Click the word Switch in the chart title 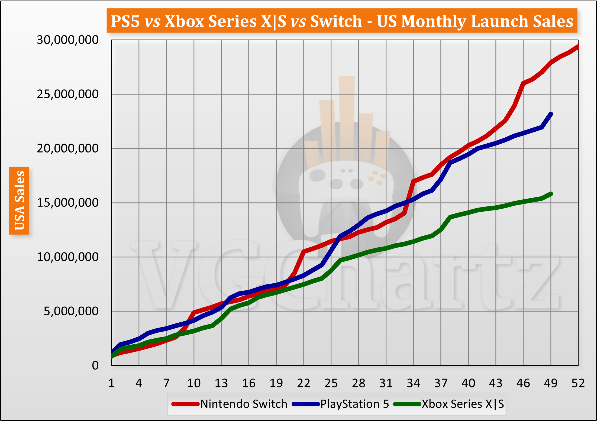[336, 21]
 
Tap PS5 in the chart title [125, 21]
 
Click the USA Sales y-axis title [19, 200]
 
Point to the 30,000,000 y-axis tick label [67, 40]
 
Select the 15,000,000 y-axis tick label [67, 203]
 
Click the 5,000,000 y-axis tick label [71, 311]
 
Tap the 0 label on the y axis [95, 365]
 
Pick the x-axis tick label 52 [578, 383]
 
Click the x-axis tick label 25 [331, 383]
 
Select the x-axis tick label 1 [111, 383]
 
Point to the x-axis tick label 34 [413, 383]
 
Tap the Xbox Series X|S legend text [463, 404]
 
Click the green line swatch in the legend [407, 404]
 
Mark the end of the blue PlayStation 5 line [551, 114]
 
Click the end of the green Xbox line [551, 194]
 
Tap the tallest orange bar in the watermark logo [347, 116]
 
